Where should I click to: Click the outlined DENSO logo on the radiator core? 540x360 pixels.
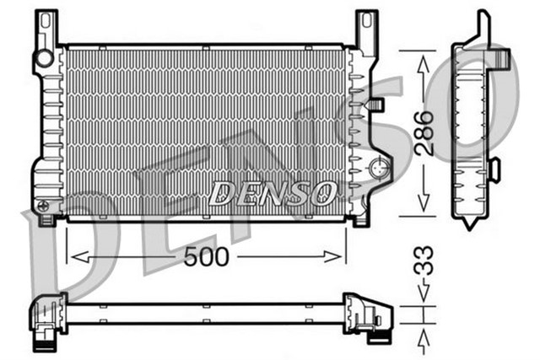click(x=272, y=193)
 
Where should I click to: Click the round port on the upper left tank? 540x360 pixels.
click(x=42, y=58)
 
